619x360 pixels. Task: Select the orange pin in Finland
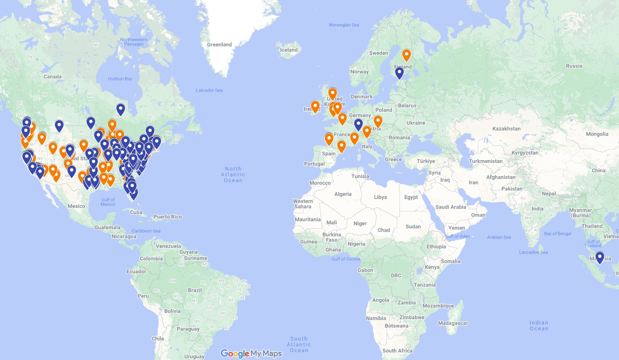406,55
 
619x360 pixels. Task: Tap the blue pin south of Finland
399,73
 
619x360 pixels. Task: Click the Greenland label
219,44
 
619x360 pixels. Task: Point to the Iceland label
289,50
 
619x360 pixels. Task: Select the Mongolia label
597,134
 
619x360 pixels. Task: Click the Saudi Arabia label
451,207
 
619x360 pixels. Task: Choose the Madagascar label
453,323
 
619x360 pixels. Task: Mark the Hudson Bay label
120,79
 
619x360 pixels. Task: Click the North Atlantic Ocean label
233,174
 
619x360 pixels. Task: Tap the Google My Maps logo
251,354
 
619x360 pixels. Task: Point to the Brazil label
195,290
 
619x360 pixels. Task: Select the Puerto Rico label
167,217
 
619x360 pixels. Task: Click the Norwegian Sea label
344,25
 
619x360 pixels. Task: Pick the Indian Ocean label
539,326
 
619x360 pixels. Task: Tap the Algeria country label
343,194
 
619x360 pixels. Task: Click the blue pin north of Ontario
120,109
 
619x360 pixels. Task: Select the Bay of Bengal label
558,234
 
